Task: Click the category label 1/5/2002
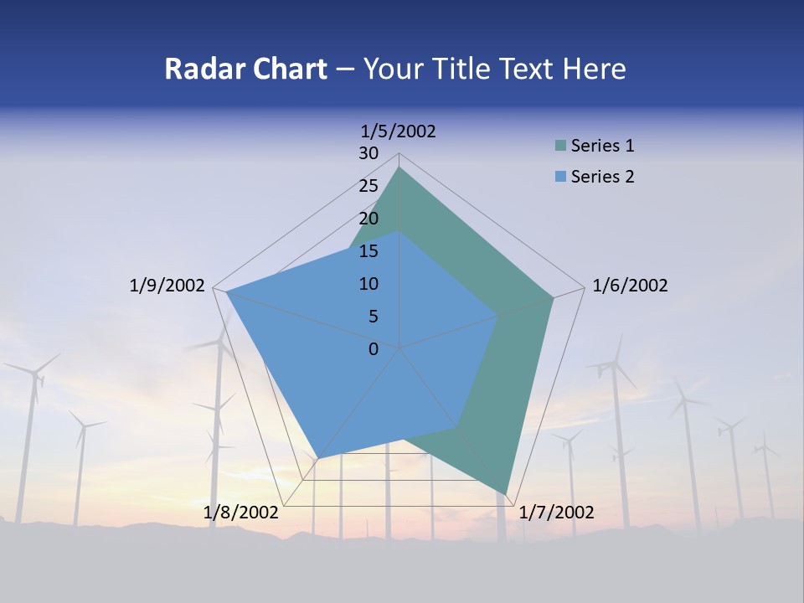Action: pyautogui.click(x=399, y=131)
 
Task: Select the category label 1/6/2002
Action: pyautogui.click(x=630, y=286)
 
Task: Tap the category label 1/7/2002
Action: pyautogui.click(x=556, y=513)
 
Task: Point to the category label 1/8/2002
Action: pyautogui.click(x=241, y=513)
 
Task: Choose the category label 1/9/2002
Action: pyautogui.click(x=167, y=286)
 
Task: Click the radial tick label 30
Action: pyautogui.click(x=368, y=153)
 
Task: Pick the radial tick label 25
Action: pyautogui.click(x=368, y=186)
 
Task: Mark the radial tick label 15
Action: pyautogui.click(x=368, y=251)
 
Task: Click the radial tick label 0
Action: pyautogui.click(x=374, y=349)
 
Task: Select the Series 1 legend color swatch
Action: pyautogui.click(x=561, y=146)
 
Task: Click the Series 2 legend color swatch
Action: pyautogui.click(x=561, y=177)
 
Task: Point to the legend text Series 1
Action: pyautogui.click(x=602, y=146)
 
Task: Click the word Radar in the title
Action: pyautogui.click(x=198, y=69)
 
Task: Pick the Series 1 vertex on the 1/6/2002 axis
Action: pyautogui.click(x=553, y=297)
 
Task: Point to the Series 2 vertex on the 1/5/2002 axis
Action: pyautogui.click(x=399, y=232)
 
